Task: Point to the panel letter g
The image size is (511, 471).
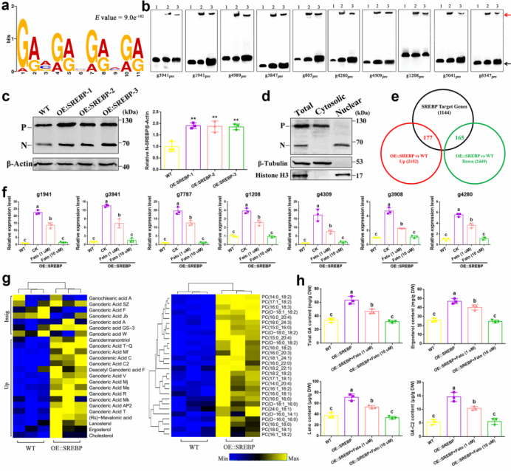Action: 7,260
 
